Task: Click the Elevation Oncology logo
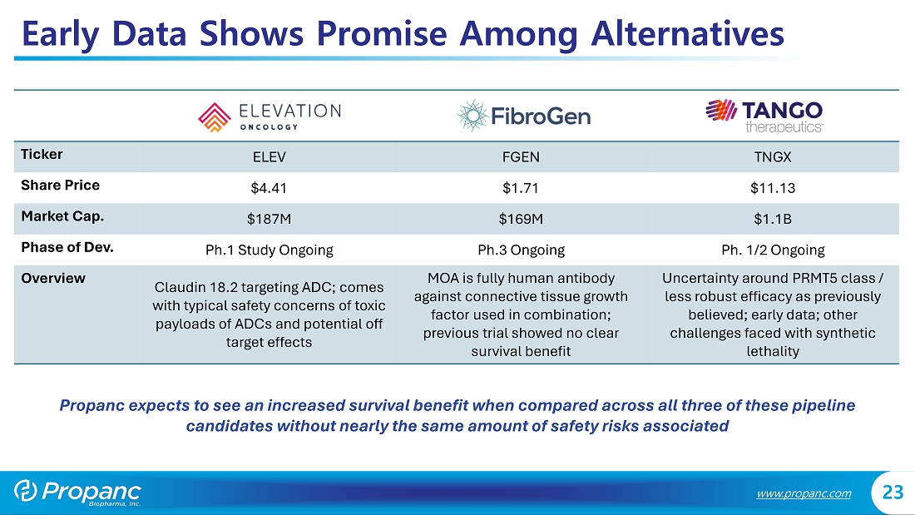269,116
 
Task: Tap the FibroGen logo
524,116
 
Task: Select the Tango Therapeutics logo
764,116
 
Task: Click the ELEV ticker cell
269,157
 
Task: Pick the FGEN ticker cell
521,157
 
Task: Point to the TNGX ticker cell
773,157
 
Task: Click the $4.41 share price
269,188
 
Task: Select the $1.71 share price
521,188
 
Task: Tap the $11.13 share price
773,188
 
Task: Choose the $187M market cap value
269,219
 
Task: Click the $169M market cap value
521,219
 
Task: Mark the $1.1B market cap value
773,219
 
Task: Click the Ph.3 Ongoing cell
521,250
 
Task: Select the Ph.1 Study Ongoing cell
269,250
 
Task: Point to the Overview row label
53,278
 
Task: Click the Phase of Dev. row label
67,247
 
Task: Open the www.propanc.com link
804,493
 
